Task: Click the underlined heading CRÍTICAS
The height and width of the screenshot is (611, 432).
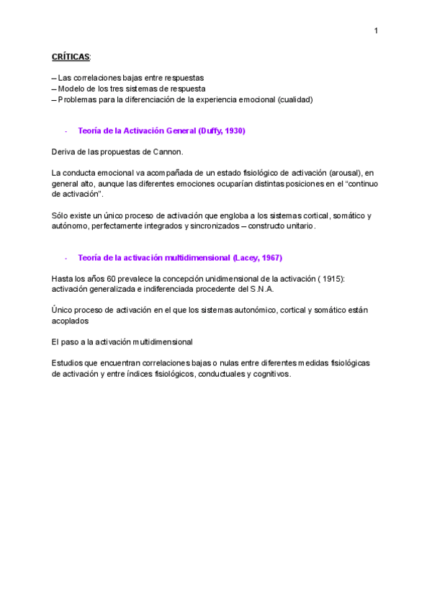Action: [71, 55]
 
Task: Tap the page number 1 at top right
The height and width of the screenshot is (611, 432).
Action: [376, 30]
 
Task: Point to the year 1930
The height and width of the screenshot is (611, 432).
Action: [235, 130]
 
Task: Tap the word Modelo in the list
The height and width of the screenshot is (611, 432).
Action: [71, 89]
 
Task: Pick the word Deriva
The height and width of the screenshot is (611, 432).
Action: [63, 152]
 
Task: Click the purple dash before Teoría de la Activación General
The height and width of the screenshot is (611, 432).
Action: [66, 130]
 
